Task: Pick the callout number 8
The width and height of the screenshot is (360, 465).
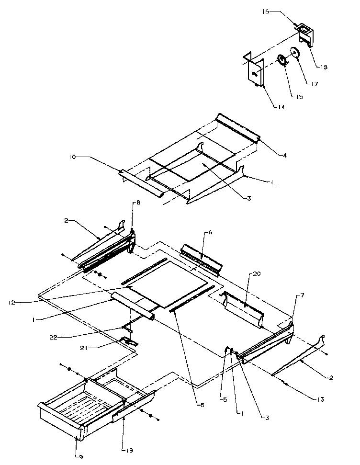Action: click(x=138, y=203)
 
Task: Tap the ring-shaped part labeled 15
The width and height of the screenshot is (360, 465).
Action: click(x=282, y=61)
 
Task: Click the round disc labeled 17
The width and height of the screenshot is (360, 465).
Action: click(x=295, y=54)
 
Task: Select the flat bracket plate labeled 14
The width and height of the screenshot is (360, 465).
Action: click(x=255, y=73)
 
